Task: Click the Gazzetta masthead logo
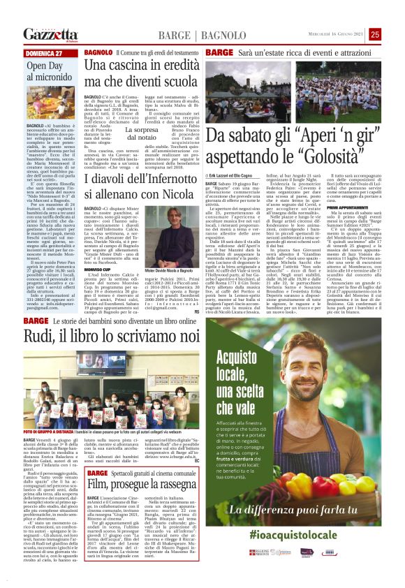pyautogui.click(x=50, y=34)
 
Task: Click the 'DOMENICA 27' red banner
pyautogui.click(x=44, y=53)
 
